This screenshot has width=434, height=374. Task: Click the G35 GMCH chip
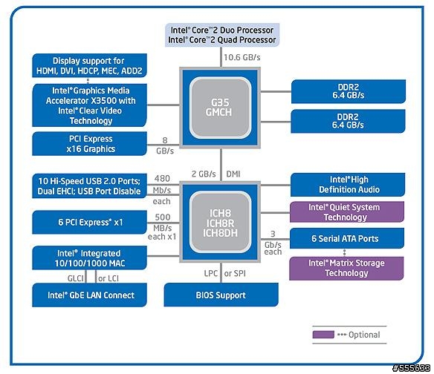[220, 108]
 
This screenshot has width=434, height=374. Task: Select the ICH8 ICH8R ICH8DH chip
[220, 222]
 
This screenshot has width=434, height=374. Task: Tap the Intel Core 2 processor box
[222, 35]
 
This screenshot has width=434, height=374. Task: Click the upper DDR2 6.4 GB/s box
[349, 91]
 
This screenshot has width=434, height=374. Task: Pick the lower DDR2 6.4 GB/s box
[348, 121]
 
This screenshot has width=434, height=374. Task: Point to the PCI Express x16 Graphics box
[89, 144]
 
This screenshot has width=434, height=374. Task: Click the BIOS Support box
[221, 295]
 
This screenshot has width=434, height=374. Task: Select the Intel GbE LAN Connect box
[89, 295]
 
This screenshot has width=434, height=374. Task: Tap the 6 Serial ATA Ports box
[347, 238]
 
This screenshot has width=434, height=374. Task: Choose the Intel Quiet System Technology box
[347, 212]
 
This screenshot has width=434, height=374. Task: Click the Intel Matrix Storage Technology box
[346, 269]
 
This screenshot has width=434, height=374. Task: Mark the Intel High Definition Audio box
[348, 185]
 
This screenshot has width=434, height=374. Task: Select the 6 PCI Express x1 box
[89, 222]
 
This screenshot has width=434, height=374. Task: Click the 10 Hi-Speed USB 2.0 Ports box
[89, 186]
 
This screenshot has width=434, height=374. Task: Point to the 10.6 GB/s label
[242, 57]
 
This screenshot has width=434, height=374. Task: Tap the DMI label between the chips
[233, 174]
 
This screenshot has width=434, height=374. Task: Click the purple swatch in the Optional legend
[323, 335]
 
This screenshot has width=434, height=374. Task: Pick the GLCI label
[75, 278]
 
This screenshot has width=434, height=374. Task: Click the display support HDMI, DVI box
[89, 65]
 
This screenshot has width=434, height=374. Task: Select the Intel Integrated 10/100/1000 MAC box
[89, 258]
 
